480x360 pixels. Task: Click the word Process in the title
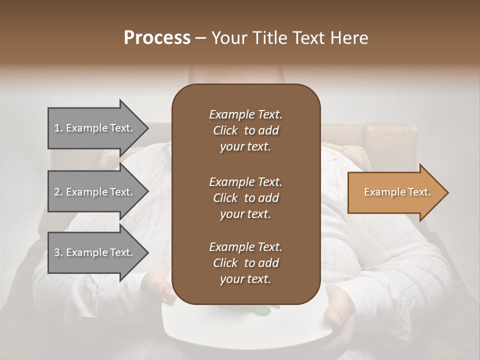(157, 38)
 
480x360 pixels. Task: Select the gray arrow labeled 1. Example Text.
(95, 128)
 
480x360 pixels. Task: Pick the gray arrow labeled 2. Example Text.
(95, 192)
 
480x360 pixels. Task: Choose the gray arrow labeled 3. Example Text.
(95, 252)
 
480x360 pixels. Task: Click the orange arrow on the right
(395, 192)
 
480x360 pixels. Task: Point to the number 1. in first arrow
(58, 128)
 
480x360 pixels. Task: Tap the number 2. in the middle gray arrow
(58, 192)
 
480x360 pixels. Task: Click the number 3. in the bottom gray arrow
(58, 252)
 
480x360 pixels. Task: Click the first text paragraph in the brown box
(245, 130)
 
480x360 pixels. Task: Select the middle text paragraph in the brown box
(245, 198)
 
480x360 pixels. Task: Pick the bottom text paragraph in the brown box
(245, 263)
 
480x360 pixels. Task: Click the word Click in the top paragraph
(225, 130)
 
